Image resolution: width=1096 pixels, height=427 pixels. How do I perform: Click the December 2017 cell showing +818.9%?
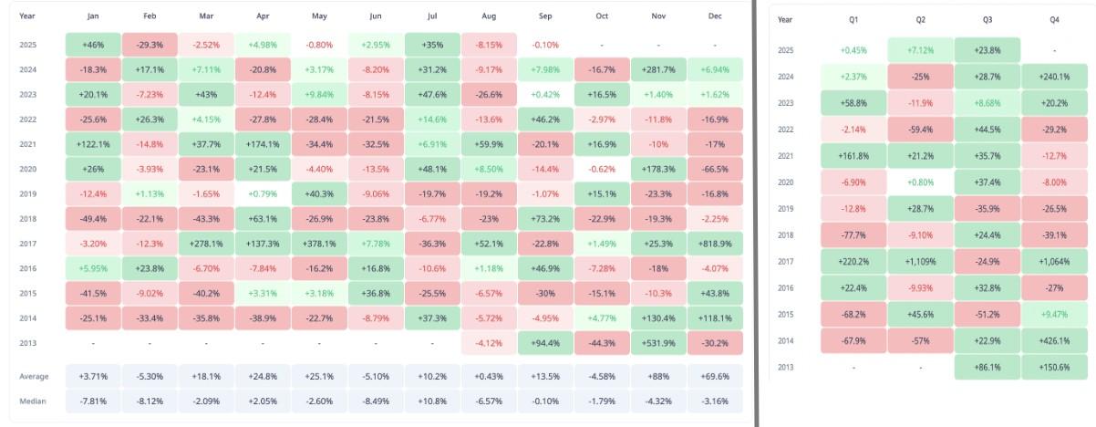(716, 244)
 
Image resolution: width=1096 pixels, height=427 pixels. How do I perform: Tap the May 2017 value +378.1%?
(318, 244)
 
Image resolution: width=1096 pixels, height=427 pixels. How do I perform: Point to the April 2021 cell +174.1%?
(263, 144)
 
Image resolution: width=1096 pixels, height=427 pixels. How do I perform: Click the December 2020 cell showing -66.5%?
(716, 169)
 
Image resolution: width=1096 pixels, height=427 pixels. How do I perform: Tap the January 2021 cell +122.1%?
(93, 144)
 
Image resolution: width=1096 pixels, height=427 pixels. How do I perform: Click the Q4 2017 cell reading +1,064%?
(1053, 261)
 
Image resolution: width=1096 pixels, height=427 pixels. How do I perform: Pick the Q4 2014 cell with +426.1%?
(1053, 340)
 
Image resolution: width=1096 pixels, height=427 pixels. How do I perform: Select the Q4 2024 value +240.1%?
(1053, 77)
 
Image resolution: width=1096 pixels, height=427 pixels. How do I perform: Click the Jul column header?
(432, 16)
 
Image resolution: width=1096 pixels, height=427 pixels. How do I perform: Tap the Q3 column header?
(988, 19)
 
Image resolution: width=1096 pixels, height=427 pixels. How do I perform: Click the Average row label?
(34, 376)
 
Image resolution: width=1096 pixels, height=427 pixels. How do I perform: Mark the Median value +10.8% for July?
(432, 401)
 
